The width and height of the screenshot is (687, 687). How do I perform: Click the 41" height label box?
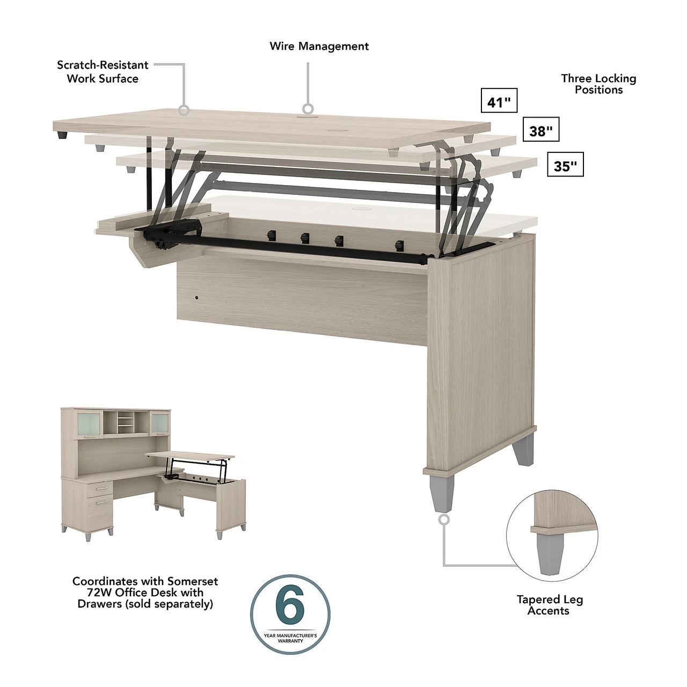tap(499, 100)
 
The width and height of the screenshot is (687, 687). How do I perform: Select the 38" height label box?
tap(541, 129)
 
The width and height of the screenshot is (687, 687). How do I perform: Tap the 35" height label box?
tap(565, 164)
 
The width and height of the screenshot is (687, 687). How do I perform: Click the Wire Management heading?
tap(319, 46)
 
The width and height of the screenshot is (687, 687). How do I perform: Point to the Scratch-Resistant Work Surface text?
tap(103, 72)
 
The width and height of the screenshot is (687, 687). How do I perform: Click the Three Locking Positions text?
tap(598, 84)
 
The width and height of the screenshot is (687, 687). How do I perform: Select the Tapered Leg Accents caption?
tap(550, 605)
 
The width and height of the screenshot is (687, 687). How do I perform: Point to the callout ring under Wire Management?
tap(308, 109)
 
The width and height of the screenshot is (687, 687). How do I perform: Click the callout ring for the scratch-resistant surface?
tap(184, 110)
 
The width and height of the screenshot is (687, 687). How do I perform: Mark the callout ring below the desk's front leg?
tap(444, 520)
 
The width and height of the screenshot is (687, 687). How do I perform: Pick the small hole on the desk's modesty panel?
tap(196, 297)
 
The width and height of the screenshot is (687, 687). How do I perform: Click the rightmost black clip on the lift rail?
tap(400, 245)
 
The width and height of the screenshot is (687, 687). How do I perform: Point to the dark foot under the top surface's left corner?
tap(62, 135)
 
